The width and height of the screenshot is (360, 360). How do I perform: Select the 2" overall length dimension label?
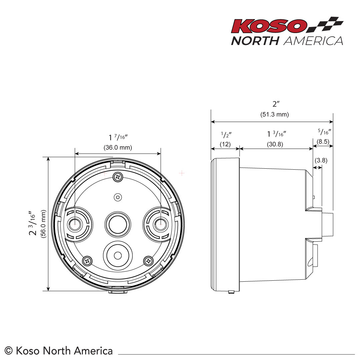(275, 103)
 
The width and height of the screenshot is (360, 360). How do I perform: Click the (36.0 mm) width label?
(118, 150)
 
